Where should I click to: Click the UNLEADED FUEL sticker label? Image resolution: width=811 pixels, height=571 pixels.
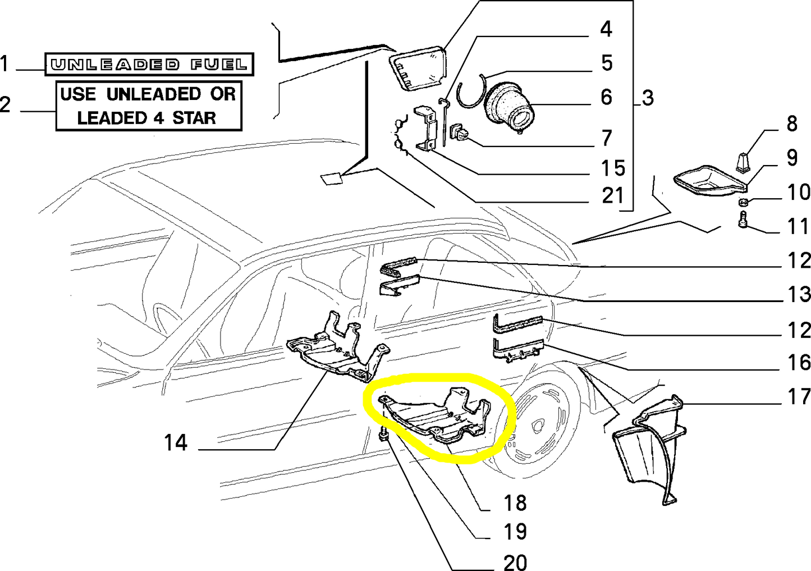click(x=149, y=65)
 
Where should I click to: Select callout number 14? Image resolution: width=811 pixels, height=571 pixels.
click(x=176, y=443)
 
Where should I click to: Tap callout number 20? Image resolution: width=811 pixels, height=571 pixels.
click(x=515, y=561)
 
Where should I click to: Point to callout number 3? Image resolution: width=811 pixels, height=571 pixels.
click(x=648, y=98)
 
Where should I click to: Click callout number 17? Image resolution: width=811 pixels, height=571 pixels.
click(x=799, y=396)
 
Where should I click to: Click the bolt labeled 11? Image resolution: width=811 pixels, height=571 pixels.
click(x=742, y=220)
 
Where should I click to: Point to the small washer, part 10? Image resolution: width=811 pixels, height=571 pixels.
click(x=742, y=202)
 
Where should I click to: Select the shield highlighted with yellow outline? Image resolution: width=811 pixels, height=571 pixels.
click(x=438, y=418)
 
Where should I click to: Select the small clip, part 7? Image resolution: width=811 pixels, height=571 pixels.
click(x=458, y=134)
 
